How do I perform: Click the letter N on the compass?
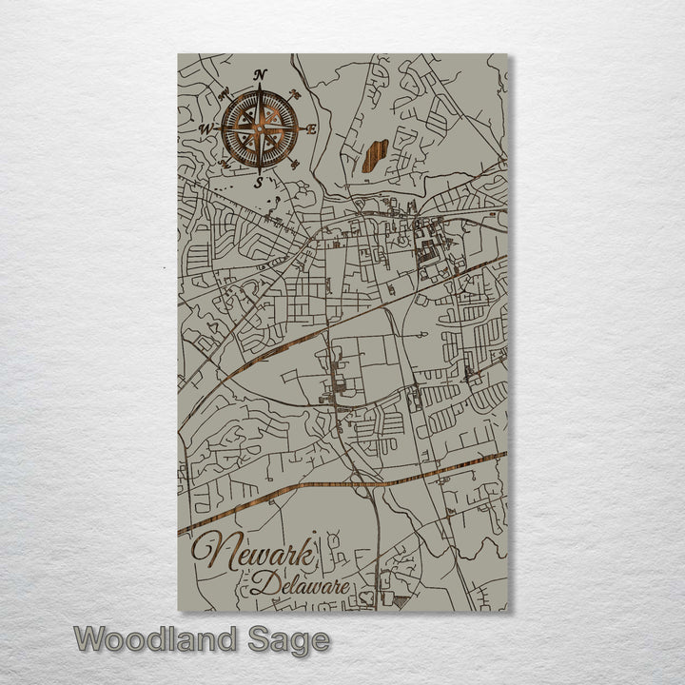[x=260, y=75]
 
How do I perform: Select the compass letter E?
[x=312, y=129]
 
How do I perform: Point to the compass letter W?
[x=205, y=128]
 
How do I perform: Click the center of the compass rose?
[x=259, y=128]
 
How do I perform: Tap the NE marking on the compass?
[x=296, y=94]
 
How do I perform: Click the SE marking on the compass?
[x=296, y=164]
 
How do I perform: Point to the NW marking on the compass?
[x=224, y=93]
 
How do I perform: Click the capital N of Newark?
[x=211, y=554]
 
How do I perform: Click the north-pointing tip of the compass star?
[x=260, y=89]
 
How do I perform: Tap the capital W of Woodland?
[x=92, y=638]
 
